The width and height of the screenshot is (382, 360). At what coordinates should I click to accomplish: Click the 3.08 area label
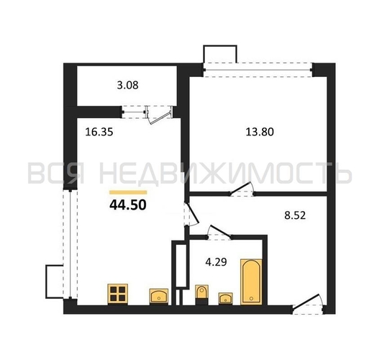tap(127, 86)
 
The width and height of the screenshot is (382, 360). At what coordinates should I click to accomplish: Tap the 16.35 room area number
tap(99, 132)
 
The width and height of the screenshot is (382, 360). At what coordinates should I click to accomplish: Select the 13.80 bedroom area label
tap(260, 132)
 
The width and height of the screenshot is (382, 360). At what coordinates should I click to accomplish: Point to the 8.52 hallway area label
tap(295, 215)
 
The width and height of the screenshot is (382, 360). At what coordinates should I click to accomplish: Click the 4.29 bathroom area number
tap(216, 262)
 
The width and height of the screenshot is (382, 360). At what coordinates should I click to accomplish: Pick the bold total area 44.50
tap(128, 205)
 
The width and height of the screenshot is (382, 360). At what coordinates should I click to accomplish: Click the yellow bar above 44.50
tap(128, 192)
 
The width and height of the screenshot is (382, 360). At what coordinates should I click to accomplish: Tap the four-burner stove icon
tap(118, 294)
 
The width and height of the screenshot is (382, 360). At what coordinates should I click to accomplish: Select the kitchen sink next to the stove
tap(159, 297)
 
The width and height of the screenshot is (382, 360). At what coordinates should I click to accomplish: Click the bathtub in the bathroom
tap(251, 282)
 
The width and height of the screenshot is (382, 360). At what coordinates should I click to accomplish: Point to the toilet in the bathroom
tap(201, 294)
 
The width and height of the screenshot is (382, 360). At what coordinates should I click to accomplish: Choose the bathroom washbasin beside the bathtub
tap(226, 299)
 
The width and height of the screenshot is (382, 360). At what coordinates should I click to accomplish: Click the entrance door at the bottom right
tap(309, 304)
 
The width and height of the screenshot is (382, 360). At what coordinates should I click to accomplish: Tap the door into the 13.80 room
tap(242, 189)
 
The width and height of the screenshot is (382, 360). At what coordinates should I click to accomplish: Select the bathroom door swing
tap(219, 232)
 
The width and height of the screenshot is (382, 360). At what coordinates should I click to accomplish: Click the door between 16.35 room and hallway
tap(192, 214)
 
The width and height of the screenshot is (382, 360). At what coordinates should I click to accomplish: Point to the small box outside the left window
tap(55, 282)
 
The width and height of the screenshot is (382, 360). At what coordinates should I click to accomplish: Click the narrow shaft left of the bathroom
tap(181, 265)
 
